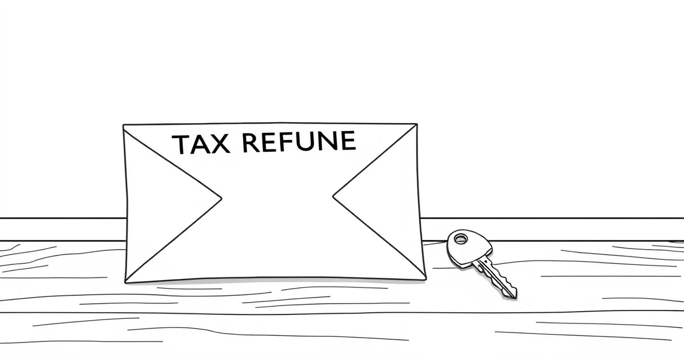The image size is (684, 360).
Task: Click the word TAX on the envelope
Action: [201, 144]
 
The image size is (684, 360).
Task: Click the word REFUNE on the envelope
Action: [299, 141]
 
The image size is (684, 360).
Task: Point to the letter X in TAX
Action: [220, 143]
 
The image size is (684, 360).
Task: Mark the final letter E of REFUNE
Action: [348, 140]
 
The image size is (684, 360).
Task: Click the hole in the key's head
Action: [461, 238]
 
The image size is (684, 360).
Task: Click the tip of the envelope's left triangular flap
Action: [222, 199]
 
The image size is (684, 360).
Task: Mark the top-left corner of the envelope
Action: [123, 125]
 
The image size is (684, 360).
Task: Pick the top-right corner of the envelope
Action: [417, 124]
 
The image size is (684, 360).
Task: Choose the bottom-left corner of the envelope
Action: [125, 283]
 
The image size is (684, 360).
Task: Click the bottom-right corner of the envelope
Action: [426, 279]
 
